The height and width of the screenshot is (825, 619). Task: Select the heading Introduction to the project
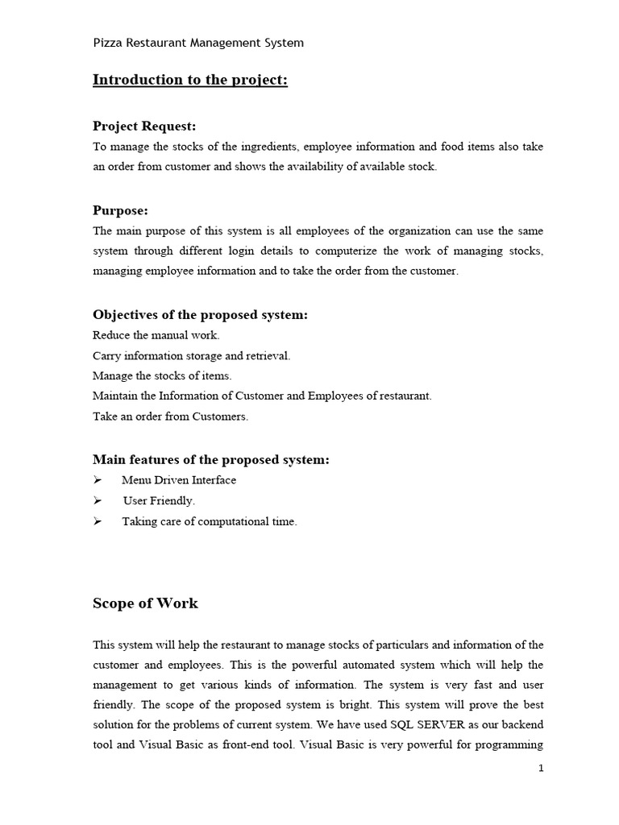(190, 80)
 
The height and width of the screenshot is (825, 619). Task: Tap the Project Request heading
(144, 126)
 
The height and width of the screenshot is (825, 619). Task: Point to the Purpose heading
(120, 210)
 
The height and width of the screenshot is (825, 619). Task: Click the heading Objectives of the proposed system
(200, 314)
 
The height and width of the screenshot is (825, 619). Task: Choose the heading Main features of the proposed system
(210, 459)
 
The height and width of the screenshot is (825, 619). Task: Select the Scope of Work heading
(145, 603)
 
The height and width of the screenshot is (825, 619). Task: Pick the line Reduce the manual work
(156, 335)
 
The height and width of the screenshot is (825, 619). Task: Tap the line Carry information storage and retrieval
(191, 355)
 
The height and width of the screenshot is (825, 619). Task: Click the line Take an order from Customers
(171, 417)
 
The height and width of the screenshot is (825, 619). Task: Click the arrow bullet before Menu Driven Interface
(98, 480)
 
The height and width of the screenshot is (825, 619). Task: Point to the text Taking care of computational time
(210, 521)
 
